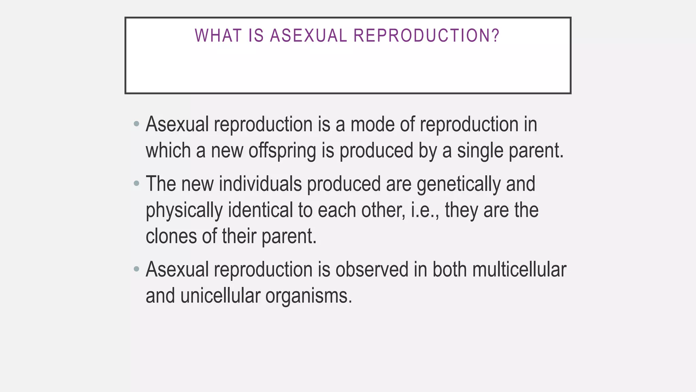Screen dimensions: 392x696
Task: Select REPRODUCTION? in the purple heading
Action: [x=427, y=35]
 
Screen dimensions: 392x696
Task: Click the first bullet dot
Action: [x=137, y=124]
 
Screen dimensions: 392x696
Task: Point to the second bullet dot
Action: [x=137, y=184]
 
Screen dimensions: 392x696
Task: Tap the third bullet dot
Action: [x=137, y=269]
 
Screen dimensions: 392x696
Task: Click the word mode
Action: [x=372, y=124]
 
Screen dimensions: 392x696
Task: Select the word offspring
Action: [x=282, y=151]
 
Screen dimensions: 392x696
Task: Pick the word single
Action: [x=480, y=151]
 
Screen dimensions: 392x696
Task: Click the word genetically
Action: [x=458, y=184]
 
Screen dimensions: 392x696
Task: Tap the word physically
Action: [x=184, y=210]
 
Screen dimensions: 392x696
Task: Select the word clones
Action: [x=171, y=236]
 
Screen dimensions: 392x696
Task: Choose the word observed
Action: [x=372, y=269]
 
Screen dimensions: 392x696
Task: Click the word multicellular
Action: [x=519, y=269]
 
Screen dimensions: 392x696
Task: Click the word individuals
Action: [x=260, y=184]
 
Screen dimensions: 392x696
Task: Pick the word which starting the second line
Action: [x=168, y=150]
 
